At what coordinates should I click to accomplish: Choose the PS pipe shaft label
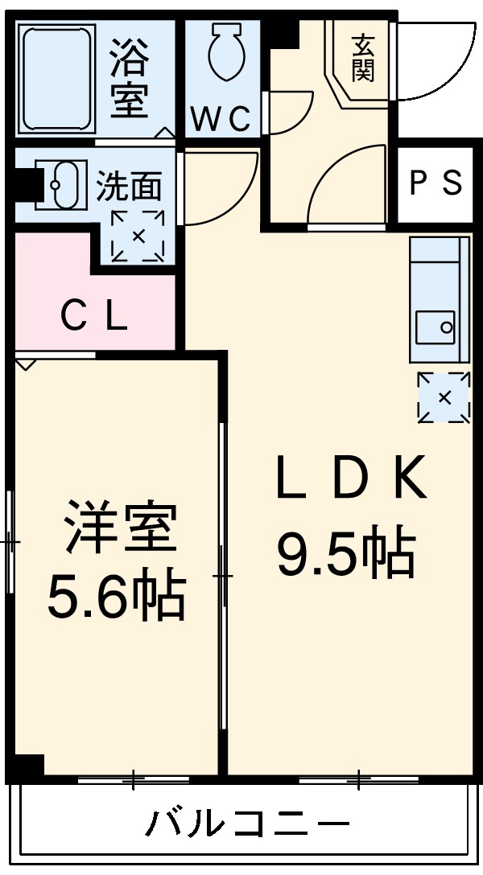point(436,183)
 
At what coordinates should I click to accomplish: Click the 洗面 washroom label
point(130,187)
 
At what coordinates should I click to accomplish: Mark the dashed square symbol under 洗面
point(138,236)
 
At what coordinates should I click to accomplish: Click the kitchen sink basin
point(435,327)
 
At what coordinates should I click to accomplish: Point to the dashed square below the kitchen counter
point(444,397)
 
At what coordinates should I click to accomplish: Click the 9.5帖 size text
point(346,554)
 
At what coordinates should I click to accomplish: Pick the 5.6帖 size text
point(117,597)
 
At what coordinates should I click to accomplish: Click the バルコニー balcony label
point(248,824)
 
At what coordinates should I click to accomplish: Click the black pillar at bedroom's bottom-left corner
point(28,766)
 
